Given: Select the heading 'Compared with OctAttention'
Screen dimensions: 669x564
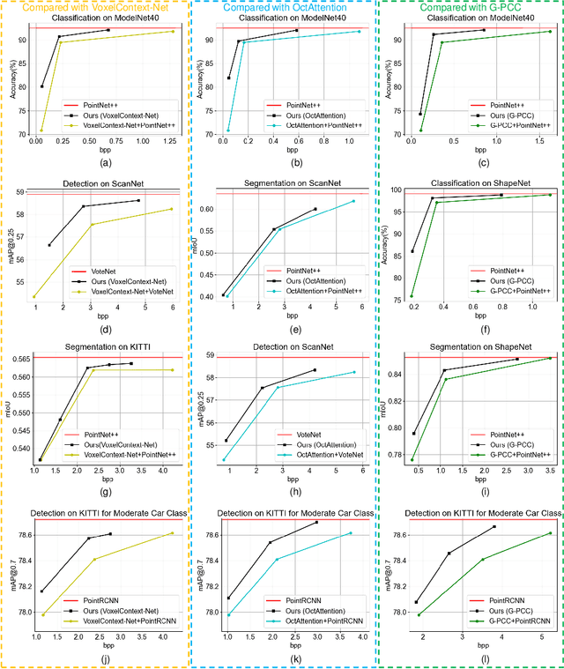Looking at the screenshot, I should tap(283, 7).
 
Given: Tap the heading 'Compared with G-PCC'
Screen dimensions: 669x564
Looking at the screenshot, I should tap(469, 7).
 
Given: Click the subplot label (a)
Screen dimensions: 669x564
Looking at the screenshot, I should tap(106, 162).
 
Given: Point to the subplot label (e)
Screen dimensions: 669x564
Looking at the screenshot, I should tap(296, 328).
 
